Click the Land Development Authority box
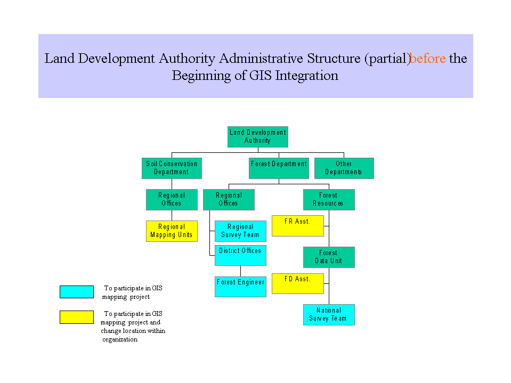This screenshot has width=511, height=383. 257,136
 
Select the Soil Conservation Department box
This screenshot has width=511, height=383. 172,168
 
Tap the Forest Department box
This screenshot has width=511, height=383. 279,168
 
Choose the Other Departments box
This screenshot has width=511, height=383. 344,168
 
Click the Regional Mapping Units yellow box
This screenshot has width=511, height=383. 172,231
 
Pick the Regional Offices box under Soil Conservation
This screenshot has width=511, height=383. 172,199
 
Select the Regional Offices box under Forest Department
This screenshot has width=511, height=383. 229,199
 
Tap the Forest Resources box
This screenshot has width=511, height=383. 328,199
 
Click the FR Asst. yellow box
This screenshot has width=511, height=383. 297,225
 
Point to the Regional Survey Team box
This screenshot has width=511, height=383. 240,231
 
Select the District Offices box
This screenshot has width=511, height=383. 240,255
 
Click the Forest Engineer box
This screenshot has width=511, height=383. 240,287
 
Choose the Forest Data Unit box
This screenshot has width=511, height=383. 328,257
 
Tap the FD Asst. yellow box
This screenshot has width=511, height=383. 297,283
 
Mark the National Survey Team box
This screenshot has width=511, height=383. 328,314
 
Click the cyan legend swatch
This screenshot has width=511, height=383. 76,292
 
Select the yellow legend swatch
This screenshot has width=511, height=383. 76,317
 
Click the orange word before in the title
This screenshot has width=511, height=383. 428,58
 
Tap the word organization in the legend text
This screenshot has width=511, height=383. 120,339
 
